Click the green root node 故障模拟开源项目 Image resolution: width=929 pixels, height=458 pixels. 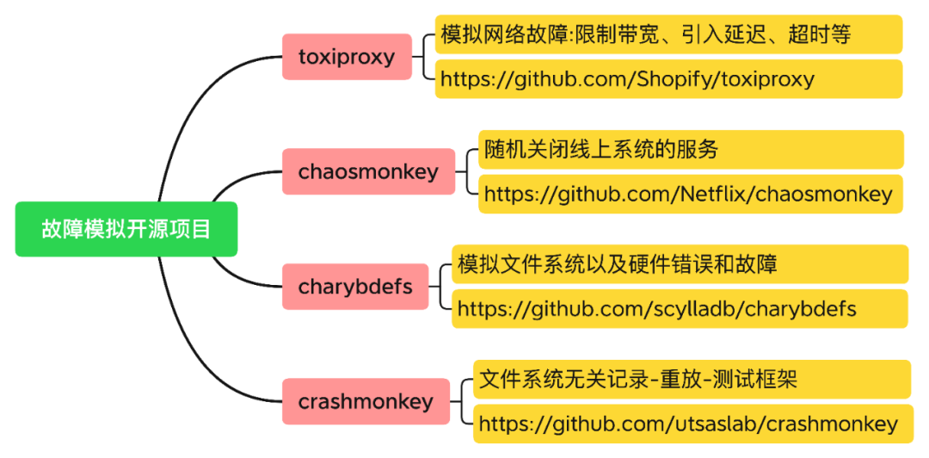pyautogui.click(x=126, y=229)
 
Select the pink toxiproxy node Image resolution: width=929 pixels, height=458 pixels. pyautogui.click(x=347, y=57)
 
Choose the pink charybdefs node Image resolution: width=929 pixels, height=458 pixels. pyautogui.click(x=354, y=286)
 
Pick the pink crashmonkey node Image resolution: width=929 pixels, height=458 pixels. pyautogui.click(x=366, y=401)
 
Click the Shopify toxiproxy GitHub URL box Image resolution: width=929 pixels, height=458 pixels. pyautogui.click(x=668, y=79)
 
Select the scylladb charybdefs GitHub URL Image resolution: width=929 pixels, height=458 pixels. pyautogui.click(x=680, y=308)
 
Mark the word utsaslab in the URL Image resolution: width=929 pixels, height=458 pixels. pyautogui.click(x=720, y=424)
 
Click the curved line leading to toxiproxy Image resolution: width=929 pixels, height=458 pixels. pyautogui.click(x=198, y=103)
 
